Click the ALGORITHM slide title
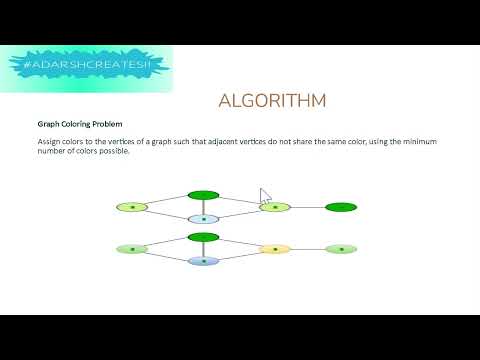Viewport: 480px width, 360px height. [x=272, y=101]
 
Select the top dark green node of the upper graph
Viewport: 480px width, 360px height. [x=204, y=195]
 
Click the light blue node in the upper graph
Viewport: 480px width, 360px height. [x=204, y=219]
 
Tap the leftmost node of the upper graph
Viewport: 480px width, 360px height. [x=131, y=207]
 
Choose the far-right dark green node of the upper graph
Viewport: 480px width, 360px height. [x=341, y=207]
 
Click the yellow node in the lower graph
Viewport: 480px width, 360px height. [x=275, y=249]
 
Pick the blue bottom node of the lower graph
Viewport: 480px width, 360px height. [x=204, y=261]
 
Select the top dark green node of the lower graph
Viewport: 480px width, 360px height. [x=204, y=237]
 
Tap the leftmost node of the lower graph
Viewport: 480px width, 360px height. [x=131, y=249]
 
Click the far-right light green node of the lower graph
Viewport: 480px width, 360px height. [x=341, y=249]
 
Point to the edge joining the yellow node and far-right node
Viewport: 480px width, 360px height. [x=308, y=249]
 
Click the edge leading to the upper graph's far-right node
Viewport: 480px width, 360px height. [x=308, y=207]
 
